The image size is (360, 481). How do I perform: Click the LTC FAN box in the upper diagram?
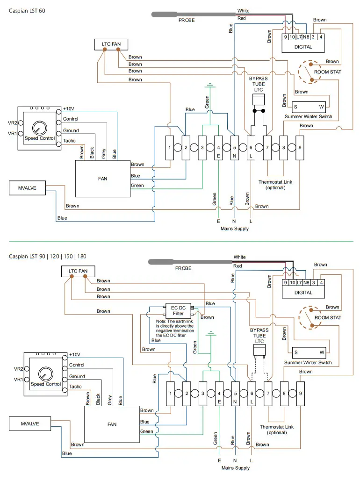tap(111, 44)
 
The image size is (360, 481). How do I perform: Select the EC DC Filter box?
tap(178, 310)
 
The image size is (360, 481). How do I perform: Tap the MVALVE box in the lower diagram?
tap(29, 424)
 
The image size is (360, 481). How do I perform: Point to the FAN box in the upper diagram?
tap(103, 178)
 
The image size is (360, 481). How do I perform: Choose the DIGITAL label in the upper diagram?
tap(303, 47)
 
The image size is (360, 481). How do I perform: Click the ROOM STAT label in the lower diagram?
tap(328, 317)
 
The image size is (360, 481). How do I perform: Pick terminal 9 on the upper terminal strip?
tap(300, 148)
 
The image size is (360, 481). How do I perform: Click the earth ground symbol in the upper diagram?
tap(210, 86)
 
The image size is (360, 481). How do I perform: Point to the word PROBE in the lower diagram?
tap(184, 268)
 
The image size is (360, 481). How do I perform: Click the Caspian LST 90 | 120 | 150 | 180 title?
tap(47, 256)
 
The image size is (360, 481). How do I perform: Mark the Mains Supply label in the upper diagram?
tap(235, 229)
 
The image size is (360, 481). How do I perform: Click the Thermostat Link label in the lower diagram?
tap(277, 430)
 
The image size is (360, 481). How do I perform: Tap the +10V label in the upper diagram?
tap(69, 109)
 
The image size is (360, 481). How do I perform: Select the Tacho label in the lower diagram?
tap(75, 387)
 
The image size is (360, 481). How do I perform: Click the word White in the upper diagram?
tap(244, 11)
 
